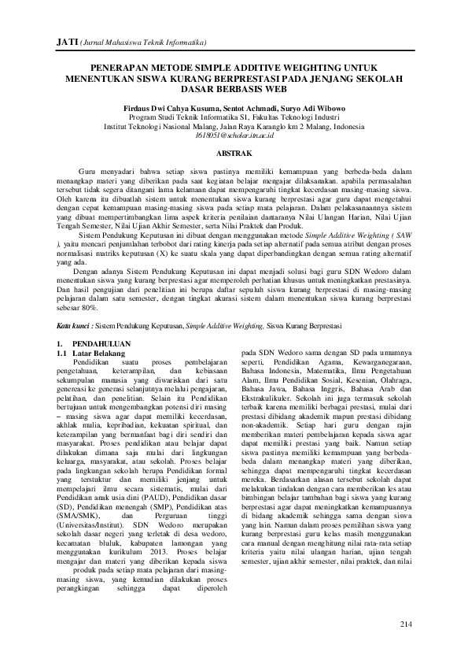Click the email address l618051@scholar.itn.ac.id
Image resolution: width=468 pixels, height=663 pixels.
point(234,135)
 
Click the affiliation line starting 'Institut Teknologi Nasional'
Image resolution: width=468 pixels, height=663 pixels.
point(234,126)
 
